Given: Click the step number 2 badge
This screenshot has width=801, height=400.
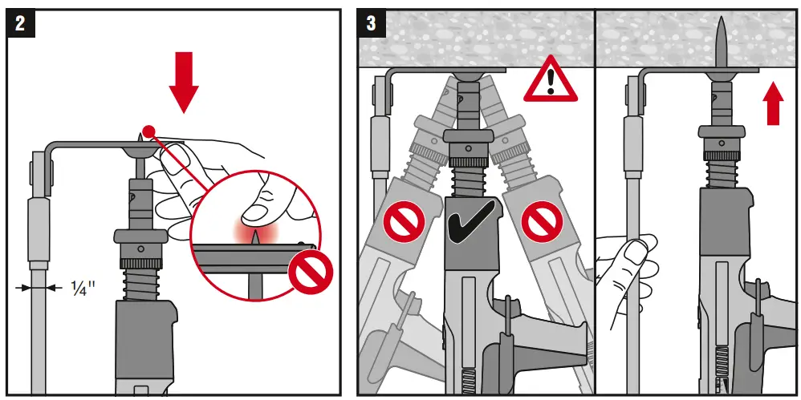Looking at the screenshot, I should click(19, 23).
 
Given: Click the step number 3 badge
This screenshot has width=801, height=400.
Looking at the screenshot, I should click(372, 23).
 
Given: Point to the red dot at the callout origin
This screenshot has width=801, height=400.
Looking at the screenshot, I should click(147, 131).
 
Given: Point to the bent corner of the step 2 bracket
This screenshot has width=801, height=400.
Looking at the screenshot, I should click(51, 149).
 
